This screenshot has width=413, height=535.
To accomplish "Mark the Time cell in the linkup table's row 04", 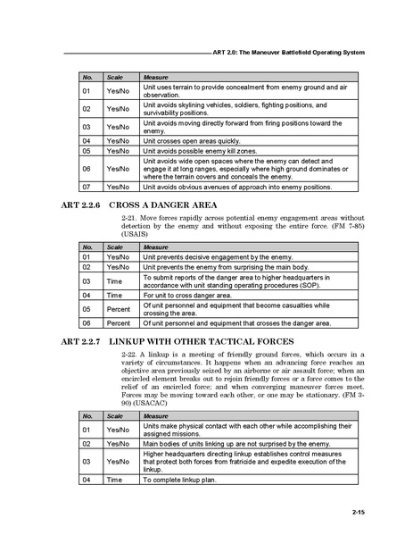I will point(114,480).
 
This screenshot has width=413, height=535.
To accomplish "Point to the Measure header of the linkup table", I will point(156,416).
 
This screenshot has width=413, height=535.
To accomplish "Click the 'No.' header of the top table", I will point(87,78).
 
